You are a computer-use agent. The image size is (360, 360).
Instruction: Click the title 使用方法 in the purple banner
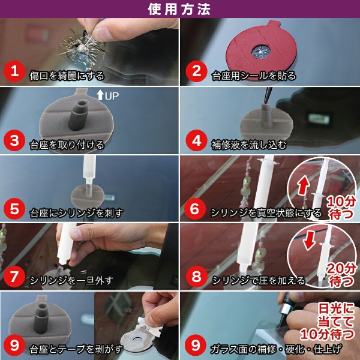179,9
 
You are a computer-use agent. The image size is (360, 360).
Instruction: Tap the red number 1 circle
14,71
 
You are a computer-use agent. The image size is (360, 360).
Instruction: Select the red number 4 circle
197,140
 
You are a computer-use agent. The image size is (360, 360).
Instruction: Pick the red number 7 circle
14,276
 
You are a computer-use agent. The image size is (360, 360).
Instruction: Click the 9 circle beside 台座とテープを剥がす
14,345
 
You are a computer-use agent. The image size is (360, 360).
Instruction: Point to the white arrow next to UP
100,95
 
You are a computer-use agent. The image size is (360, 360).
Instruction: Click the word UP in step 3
112,96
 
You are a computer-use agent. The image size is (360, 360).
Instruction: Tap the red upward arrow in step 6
304,185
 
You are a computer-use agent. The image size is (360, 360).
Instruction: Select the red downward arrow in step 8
309,241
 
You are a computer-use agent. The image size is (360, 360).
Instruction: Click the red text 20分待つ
341,275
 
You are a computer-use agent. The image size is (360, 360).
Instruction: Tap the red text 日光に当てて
336,315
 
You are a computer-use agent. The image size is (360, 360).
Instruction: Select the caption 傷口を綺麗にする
67,76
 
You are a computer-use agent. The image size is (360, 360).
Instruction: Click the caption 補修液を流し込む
249,145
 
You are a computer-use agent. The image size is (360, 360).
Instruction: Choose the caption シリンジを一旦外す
71,280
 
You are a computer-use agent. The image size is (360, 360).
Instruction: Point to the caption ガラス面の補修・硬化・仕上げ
276,349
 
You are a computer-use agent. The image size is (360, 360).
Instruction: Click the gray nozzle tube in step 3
79,115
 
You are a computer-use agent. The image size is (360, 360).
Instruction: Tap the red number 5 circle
14,209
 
